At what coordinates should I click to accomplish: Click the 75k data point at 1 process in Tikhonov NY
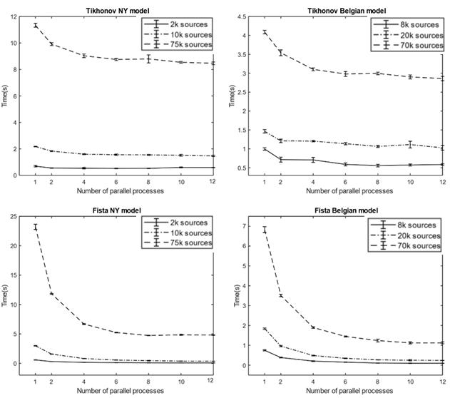[36, 25]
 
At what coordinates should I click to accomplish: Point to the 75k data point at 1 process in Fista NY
[36, 227]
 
